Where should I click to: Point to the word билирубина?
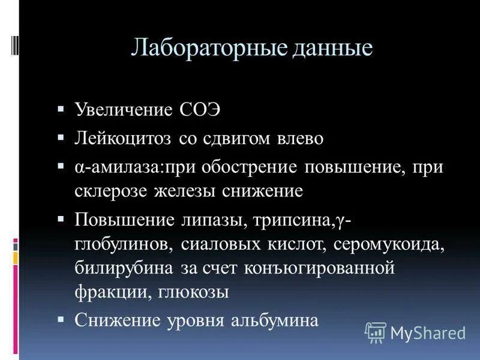click(124, 268)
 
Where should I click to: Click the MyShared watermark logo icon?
click(376, 332)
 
